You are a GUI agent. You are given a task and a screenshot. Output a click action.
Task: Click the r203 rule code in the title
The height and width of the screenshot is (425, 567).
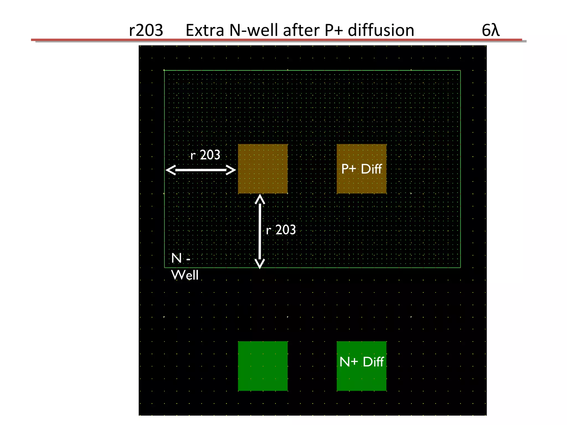[146, 30]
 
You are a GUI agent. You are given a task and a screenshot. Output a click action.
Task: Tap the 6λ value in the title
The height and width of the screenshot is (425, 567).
[490, 30]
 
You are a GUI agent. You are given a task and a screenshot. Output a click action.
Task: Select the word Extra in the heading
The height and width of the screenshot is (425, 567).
[205, 30]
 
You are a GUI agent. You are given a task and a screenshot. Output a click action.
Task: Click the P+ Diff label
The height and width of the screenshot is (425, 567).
[361, 169]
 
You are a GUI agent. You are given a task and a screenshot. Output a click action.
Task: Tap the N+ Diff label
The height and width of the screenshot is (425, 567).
[361, 362]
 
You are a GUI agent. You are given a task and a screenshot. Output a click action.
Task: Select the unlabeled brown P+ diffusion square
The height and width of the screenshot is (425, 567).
[263, 169]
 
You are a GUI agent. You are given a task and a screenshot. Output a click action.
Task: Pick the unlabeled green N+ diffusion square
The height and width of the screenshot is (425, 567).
[263, 366]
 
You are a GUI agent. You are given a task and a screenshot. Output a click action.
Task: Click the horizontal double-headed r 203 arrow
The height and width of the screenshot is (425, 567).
[201, 170]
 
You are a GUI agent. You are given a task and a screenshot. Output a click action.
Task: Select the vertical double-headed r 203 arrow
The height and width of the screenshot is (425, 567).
[260, 231]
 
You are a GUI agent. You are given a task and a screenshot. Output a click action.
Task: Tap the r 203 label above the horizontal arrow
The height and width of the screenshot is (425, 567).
[205, 155]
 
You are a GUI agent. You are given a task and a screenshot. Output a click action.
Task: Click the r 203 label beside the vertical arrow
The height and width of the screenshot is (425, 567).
[281, 230]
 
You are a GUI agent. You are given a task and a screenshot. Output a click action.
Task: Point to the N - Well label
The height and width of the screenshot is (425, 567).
[184, 266]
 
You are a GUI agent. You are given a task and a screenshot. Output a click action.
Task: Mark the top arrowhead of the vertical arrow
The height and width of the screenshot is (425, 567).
[260, 199]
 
